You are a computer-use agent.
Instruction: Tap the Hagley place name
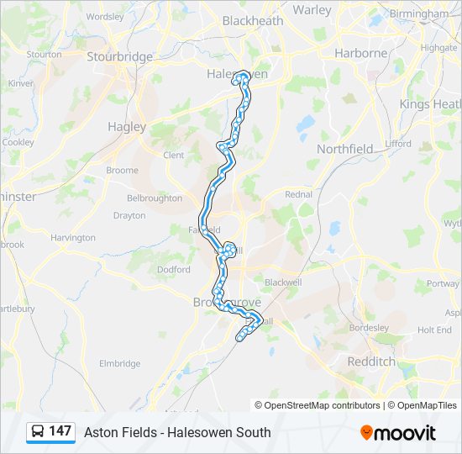(x=127, y=127)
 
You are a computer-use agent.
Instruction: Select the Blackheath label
(x=253, y=21)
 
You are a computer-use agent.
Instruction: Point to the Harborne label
(x=363, y=53)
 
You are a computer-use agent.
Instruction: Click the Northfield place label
(x=344, y=149)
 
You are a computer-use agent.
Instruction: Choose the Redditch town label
(x=371, y=361)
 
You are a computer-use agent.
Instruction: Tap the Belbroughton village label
(x=154, y=198)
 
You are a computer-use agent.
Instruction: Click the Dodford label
(x=173, y=269)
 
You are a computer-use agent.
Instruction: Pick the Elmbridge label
(x=120, y=363)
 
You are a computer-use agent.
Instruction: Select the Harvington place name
(x=73, y=238)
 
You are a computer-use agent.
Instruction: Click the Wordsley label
(x=105, y=16)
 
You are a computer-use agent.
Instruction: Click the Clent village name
(x=173, y=155)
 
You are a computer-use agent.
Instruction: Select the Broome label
(x=122, y=170)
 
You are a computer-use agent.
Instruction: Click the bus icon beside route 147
(x=39, y=432)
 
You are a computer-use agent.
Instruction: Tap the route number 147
(x=60, y=431)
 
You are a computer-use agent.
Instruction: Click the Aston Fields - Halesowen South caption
(x=177, y=432)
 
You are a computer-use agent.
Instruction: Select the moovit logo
(x=398, y=432)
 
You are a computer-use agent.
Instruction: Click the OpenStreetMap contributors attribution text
(x=323, y=405)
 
